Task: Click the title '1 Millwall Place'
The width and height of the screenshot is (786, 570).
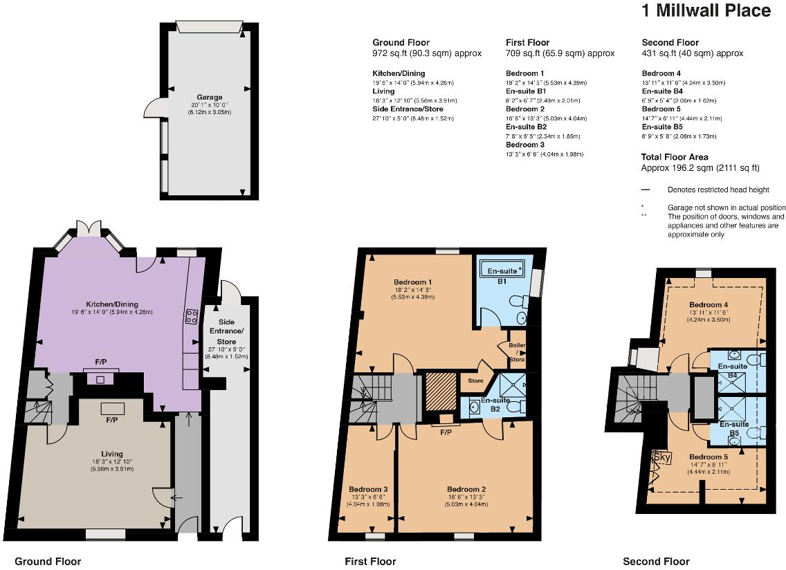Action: pos(706,10)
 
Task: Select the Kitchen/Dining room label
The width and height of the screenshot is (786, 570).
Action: pos(112,304)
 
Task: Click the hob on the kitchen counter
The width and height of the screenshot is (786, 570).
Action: pos(192,316)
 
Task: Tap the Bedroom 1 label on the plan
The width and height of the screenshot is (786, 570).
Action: pos(413,282)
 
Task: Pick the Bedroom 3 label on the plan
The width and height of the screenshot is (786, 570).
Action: pos(368,489)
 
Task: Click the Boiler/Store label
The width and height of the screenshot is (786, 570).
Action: pos(517,352)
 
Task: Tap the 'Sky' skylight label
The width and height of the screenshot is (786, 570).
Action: pos(662,457)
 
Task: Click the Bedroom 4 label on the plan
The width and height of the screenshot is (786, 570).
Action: pos(709,305)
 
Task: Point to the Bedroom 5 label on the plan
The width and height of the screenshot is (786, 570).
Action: pos(709,457)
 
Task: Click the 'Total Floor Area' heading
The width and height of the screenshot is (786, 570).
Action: pos(675,157)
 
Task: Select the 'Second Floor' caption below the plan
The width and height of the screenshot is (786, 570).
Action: pos(656,561)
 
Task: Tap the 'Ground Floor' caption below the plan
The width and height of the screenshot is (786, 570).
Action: pos(48,561)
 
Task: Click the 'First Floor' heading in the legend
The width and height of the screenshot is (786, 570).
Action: pos(527,42)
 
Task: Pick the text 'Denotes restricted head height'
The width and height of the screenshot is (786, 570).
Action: pos(718,190)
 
